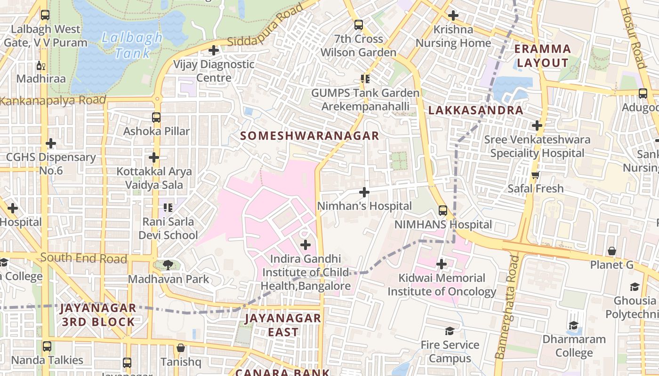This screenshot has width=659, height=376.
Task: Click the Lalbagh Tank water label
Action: pos(131,45)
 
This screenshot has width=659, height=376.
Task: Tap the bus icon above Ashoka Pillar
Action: pos(156,117)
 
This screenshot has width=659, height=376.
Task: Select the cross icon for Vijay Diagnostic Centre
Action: pos(214,50)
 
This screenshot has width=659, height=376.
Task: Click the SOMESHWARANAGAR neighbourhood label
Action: pos(310,136)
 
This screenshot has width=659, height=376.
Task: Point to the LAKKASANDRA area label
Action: pos(475,110)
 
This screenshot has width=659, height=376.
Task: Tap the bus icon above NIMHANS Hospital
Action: pos(442,211)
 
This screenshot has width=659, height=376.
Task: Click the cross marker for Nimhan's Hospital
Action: pos(364,192)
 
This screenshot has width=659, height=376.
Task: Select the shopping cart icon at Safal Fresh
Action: pos(535,175)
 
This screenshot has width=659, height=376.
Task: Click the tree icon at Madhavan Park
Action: pos(168,265)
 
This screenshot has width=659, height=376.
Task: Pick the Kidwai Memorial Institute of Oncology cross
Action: pos(441,264)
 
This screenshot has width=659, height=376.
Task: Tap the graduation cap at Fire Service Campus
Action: pos(450,331)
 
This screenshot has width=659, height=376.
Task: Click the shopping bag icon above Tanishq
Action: pos(180,348)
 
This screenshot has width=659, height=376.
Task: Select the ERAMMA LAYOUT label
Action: pos(542,55)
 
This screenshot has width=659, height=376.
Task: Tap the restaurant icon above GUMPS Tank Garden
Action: pos(365,79)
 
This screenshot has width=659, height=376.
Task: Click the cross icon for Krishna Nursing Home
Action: pos(453,16)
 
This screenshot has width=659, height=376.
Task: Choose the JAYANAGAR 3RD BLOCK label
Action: pos(98,315)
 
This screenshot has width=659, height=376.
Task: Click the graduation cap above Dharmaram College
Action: pos(573,325)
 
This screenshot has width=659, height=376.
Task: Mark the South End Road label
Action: pos(83,258)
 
